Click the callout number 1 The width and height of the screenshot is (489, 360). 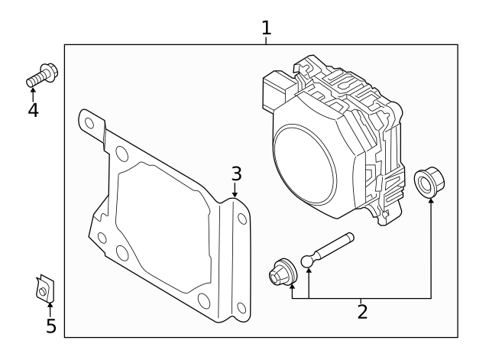266,28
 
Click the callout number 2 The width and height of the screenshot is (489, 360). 362,311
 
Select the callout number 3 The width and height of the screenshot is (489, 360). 237,174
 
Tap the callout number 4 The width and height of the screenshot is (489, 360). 33,110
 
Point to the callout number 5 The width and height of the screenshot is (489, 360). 50,326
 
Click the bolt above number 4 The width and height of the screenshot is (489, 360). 44,75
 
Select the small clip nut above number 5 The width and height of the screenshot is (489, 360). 47,288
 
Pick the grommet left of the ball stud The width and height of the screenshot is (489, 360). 282,272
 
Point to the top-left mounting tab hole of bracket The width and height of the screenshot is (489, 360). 90,122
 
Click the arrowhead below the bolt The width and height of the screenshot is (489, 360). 33,90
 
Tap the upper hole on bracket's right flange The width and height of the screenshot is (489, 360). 242,219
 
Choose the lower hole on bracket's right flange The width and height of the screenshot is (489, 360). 242,307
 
